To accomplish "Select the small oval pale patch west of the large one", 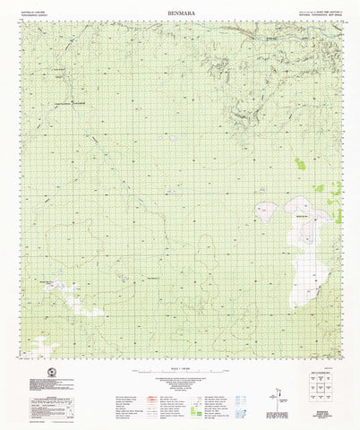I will click(266, 211).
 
